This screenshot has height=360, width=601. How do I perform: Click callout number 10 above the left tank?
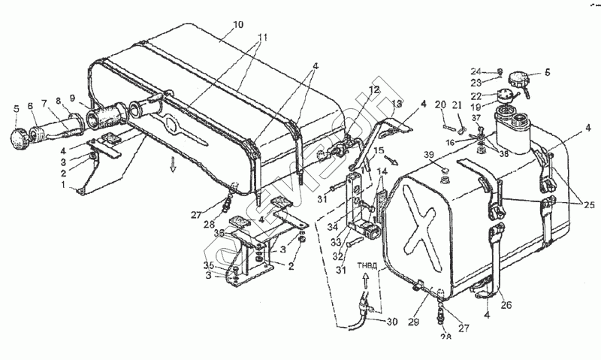[237, 25]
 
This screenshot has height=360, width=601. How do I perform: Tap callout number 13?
[397, 103]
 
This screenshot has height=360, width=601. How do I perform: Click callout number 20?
[441, 104]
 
